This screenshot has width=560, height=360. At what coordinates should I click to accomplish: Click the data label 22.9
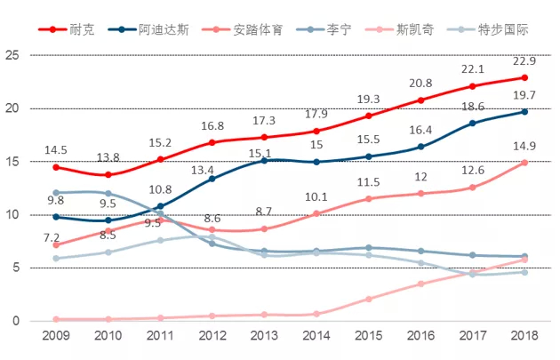524,60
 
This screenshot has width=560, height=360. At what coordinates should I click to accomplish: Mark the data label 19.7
524,95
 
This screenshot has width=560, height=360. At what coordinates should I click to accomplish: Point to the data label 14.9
524,146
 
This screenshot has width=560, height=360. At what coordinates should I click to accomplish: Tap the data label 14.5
57,149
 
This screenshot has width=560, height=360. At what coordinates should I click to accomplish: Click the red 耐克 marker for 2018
524,77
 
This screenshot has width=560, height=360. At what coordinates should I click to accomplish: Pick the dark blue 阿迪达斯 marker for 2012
212,179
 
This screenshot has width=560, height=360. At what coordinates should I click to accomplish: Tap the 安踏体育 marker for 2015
369,198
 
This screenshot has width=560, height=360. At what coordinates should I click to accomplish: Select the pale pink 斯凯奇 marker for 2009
56,319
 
